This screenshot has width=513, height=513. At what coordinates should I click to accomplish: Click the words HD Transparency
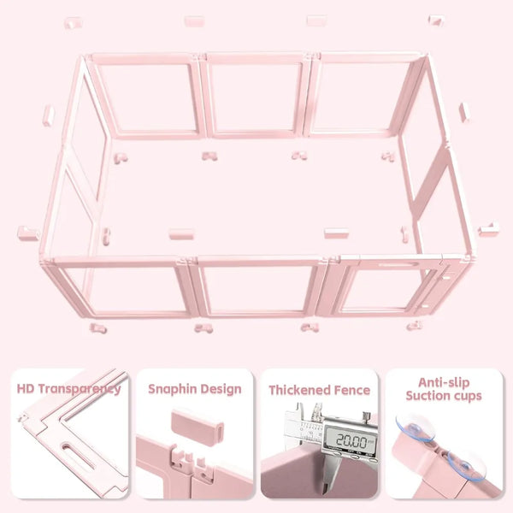(x=68, y=389)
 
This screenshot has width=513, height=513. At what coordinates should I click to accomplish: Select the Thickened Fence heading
(x=319, y=390)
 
